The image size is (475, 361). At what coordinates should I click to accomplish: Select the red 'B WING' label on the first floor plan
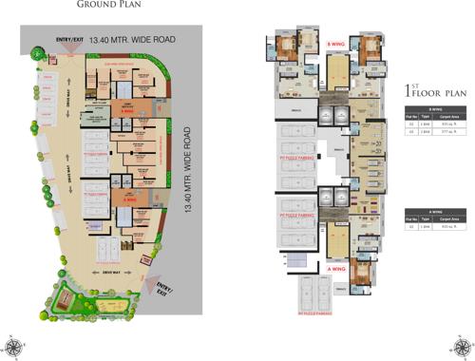(334, 45)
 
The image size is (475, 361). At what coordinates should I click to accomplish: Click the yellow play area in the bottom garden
(59, 297)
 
